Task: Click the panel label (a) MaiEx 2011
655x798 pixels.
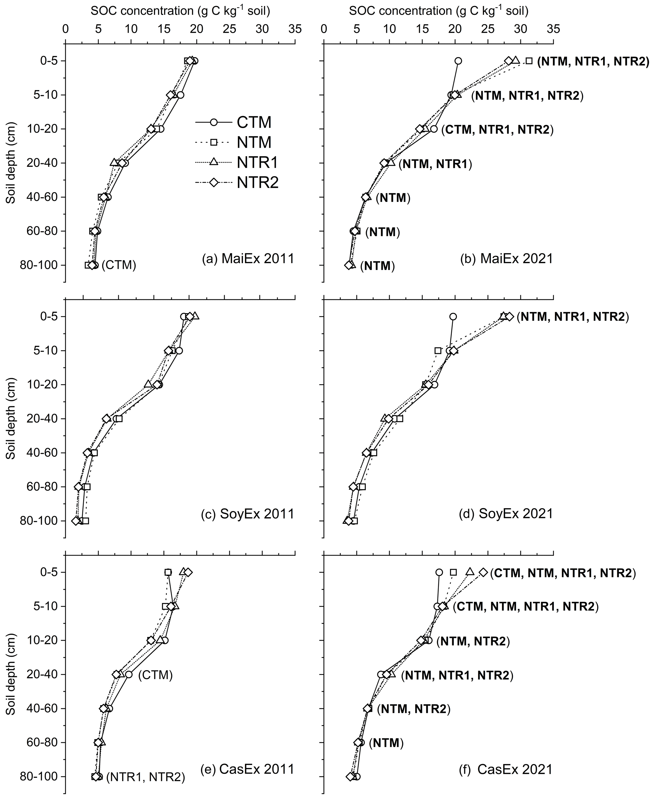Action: coord(248,259)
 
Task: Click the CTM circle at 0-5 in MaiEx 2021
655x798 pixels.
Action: coord(458,61)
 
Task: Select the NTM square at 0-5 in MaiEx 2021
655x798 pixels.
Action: coord(530,61)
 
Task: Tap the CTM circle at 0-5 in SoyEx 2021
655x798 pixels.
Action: coord(453,316)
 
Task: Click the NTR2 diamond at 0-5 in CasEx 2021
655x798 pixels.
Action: coord(483,572)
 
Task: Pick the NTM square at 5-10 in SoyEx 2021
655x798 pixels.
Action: coord(438,351)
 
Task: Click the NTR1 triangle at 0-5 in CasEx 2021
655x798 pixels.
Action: coord(470,572)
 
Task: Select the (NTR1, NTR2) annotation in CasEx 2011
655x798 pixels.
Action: coord(146,776)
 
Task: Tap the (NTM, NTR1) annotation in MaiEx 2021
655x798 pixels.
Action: coord(435,164)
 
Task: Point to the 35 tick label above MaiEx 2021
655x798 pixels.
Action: coord(553,29)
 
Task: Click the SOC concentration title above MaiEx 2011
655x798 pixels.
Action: coord(180,11)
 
